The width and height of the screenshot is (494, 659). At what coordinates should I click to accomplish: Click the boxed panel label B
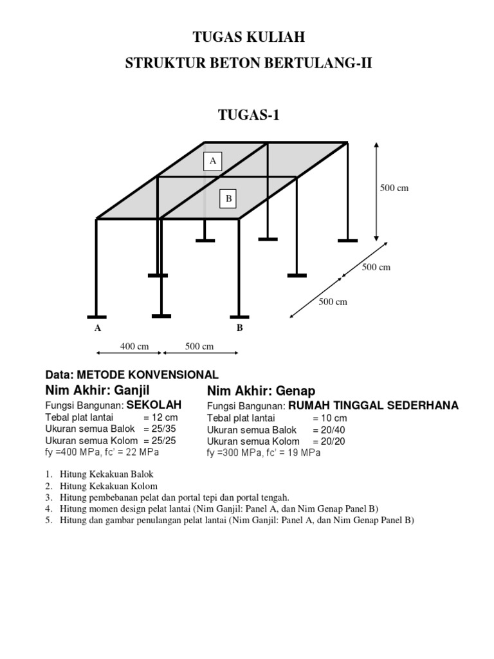pos(228,199)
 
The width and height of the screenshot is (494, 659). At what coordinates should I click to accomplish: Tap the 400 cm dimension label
pos(134,346)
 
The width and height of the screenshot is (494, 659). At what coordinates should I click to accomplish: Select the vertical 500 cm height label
pos(394,188)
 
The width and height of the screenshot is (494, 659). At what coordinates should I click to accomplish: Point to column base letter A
pos(98,328)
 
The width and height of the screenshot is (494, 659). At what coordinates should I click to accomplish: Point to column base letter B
pos(239,328)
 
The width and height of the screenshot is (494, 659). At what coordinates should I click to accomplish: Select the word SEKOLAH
pos(154,404)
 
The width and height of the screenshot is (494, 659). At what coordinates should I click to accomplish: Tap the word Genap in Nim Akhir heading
pos(295,391)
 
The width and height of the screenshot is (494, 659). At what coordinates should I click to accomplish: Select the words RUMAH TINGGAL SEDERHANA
pos(373,405)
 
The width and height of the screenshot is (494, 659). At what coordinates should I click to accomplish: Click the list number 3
pos(48,497)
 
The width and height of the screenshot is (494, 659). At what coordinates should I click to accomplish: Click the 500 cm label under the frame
pos(199,346)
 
